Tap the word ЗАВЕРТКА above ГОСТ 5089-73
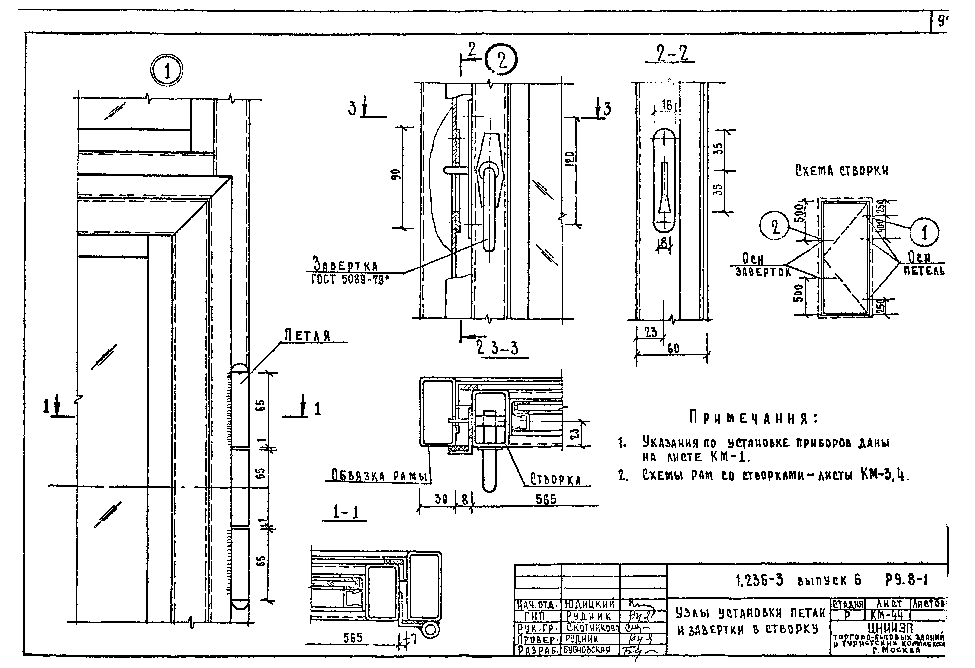pos(345,265)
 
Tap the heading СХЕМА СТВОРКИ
pos(841,171)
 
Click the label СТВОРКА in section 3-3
pos(555,480)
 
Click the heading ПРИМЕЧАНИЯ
pos(753,418)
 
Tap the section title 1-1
pos(345,512)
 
